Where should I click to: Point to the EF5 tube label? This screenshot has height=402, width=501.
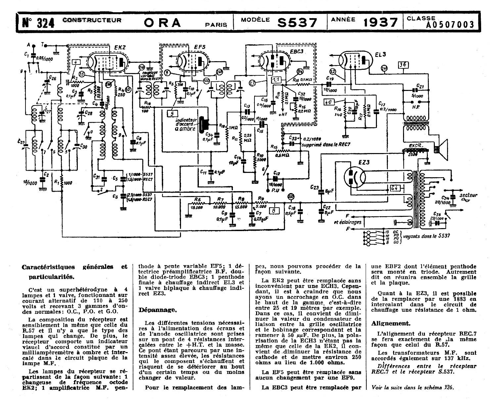[x=200, y=47]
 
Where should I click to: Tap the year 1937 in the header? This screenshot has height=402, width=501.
[x=380, y=22]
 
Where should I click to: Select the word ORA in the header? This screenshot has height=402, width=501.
[x=163, y=22]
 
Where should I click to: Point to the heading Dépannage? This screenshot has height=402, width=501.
[x=157, y=310]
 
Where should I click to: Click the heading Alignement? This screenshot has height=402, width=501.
[x=391, y=323]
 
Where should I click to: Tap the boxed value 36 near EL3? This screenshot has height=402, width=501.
[x=403, y=65]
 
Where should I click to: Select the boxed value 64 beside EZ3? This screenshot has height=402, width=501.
[x=394, y=188]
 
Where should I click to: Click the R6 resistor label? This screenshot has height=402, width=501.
[x=198, y=199]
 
